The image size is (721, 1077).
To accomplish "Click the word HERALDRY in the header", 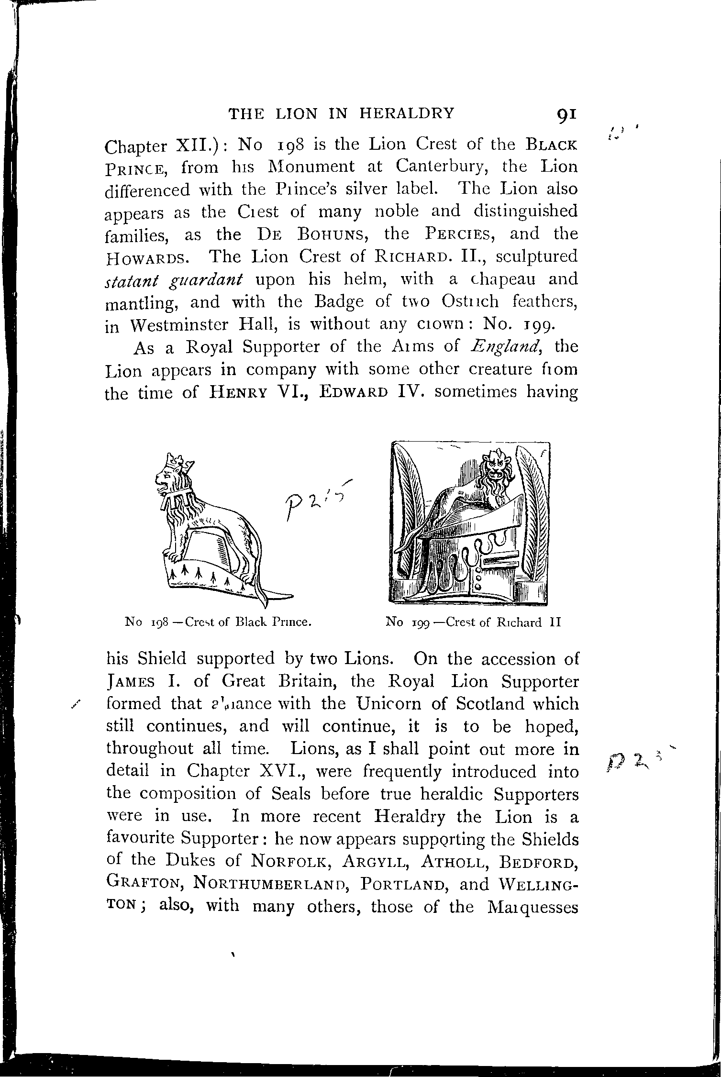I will [x=407, y=113].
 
